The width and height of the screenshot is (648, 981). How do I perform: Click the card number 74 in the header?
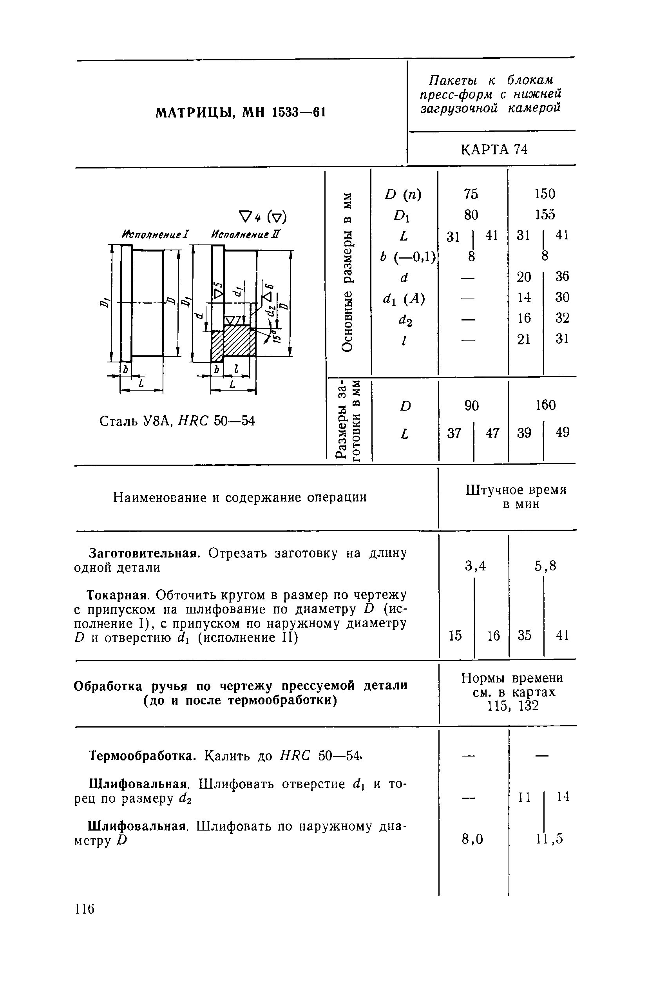521,149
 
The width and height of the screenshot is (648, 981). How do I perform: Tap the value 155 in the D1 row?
545,214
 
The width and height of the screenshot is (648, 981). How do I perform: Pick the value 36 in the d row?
562,276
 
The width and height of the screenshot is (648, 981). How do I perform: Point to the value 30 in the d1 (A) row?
562,297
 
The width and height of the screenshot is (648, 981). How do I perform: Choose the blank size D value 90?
471,405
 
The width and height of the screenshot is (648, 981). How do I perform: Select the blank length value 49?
563,432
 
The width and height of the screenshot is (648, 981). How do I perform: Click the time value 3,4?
475,565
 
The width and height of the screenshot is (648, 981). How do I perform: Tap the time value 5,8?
545,565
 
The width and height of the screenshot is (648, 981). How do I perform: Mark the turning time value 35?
525,635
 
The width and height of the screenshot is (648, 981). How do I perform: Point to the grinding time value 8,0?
472,838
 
